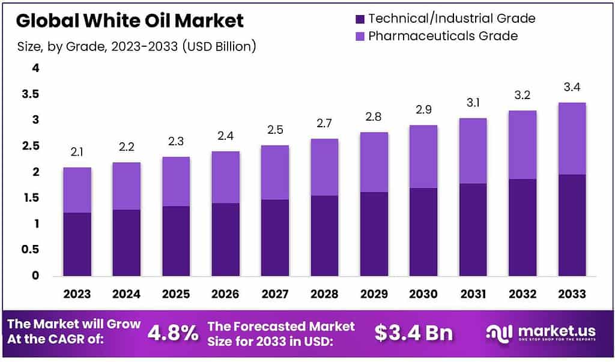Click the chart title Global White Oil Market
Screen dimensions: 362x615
coord(130,21)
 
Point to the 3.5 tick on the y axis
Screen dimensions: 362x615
coord(31,94)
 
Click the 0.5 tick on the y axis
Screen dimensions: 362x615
coord(31,250)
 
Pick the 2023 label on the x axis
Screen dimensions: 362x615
coord(77,294)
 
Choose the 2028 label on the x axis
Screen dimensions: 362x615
coord(324,294)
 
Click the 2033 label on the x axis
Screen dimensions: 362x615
coord(571,294)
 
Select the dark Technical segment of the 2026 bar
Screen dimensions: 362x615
coord(225,240)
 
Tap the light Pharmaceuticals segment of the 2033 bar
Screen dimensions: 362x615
coord(571,139)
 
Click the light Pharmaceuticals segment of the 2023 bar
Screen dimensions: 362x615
coord(77,190)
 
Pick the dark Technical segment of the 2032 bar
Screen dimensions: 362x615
coord(521,228)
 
